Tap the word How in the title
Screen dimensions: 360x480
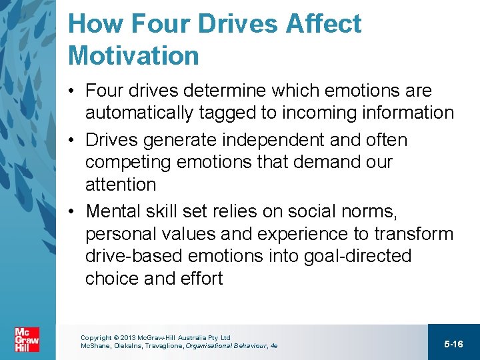click(94, 24)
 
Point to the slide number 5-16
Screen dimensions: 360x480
click(453, 344)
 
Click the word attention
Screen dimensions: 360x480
click(121, 184)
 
